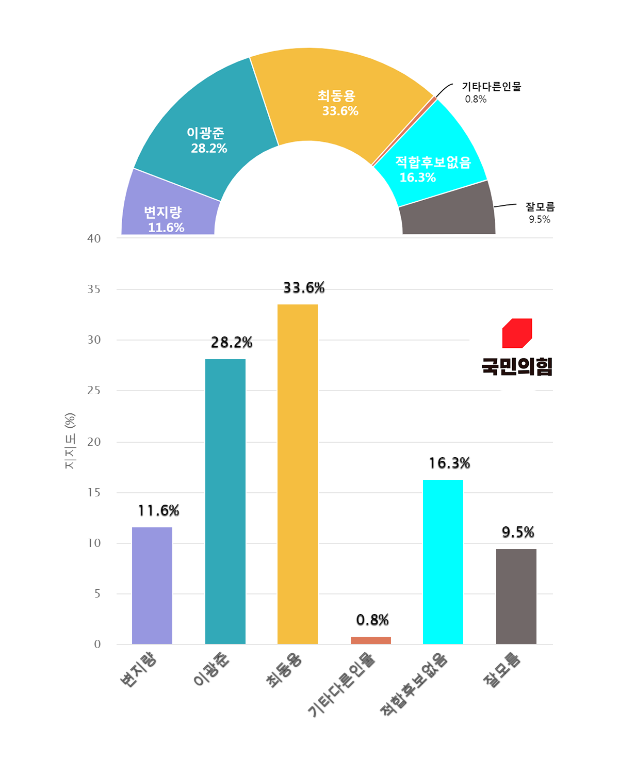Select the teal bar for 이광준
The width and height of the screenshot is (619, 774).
pyautogui.click(x=225, y=501)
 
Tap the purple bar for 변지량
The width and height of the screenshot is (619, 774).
pyautogui.click(x=152, y=585)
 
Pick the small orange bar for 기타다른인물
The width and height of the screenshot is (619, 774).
pyautogui.click(x=371, y=640)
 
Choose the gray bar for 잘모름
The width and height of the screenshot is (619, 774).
pyautogui.click(x=516, y=596)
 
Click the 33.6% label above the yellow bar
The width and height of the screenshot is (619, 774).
pyautogui.click(x=304, y=288)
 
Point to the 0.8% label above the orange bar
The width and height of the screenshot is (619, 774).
pyautogui.click(x=372, y=620)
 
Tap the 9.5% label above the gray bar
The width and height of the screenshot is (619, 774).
pyautogui.click(x=518, y=532)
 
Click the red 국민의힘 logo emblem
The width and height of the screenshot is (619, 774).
pyautogui.click(x=517, y=333)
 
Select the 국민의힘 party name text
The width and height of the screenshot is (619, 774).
pyautogui.click(x=517, y=366)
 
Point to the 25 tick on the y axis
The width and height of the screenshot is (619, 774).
pyautogui.click(x=94, y=391)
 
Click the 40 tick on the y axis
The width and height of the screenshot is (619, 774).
pyautogui.click(x=94, y=238)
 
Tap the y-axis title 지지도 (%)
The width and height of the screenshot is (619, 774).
pyautogui.click(x=70, y=441)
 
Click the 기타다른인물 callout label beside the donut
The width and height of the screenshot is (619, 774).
pyautogui.click(x=491, y=87)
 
